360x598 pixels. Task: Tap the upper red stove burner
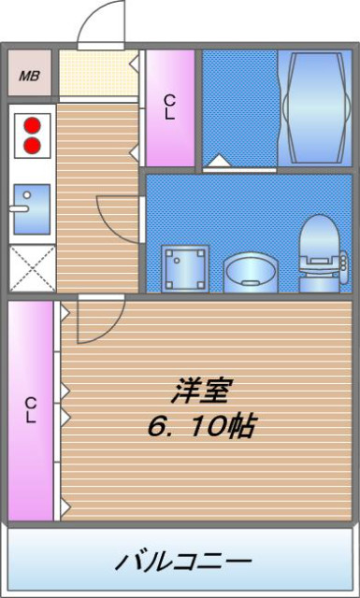tap(34, 125)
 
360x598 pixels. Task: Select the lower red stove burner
tap(34, 145)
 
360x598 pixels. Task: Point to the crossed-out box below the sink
tap(31, 270)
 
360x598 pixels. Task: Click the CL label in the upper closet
tap(170, 107)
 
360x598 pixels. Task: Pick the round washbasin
tap(248, 271)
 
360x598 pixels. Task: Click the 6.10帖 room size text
tap(199, 428)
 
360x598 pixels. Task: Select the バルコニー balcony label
tap(183, 562)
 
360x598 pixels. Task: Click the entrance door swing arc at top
tap(101, 26)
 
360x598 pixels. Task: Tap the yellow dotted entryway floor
tap(94, 73)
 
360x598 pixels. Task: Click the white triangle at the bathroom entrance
tap(217, 163)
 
